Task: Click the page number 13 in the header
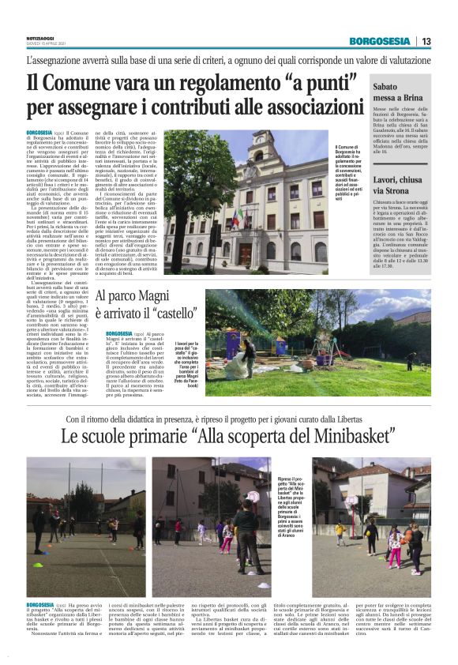pos(426,41)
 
